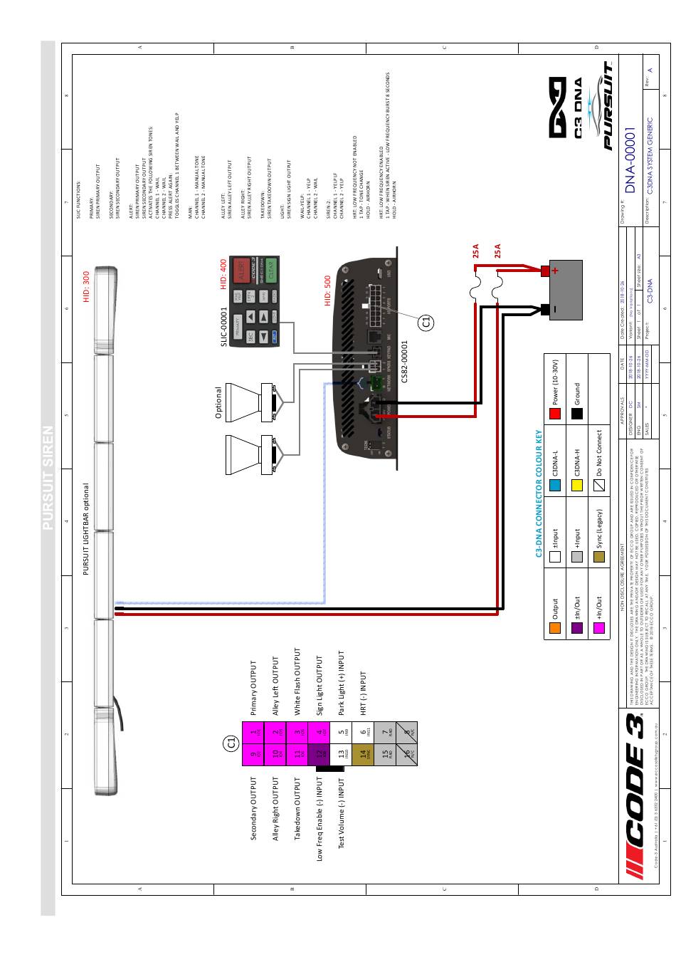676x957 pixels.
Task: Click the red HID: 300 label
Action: click(86, 286)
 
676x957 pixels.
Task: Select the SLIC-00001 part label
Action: click(223, 326)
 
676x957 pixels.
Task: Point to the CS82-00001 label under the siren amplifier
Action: click(404, 361)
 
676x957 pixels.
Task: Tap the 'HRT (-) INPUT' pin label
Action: click(362, 693)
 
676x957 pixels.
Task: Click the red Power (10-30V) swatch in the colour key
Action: click(555, 413)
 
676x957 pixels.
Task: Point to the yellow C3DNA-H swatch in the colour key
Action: click(577, 484)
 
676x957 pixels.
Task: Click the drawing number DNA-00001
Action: click(631, 159)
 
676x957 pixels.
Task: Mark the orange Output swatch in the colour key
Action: click(555, 627)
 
